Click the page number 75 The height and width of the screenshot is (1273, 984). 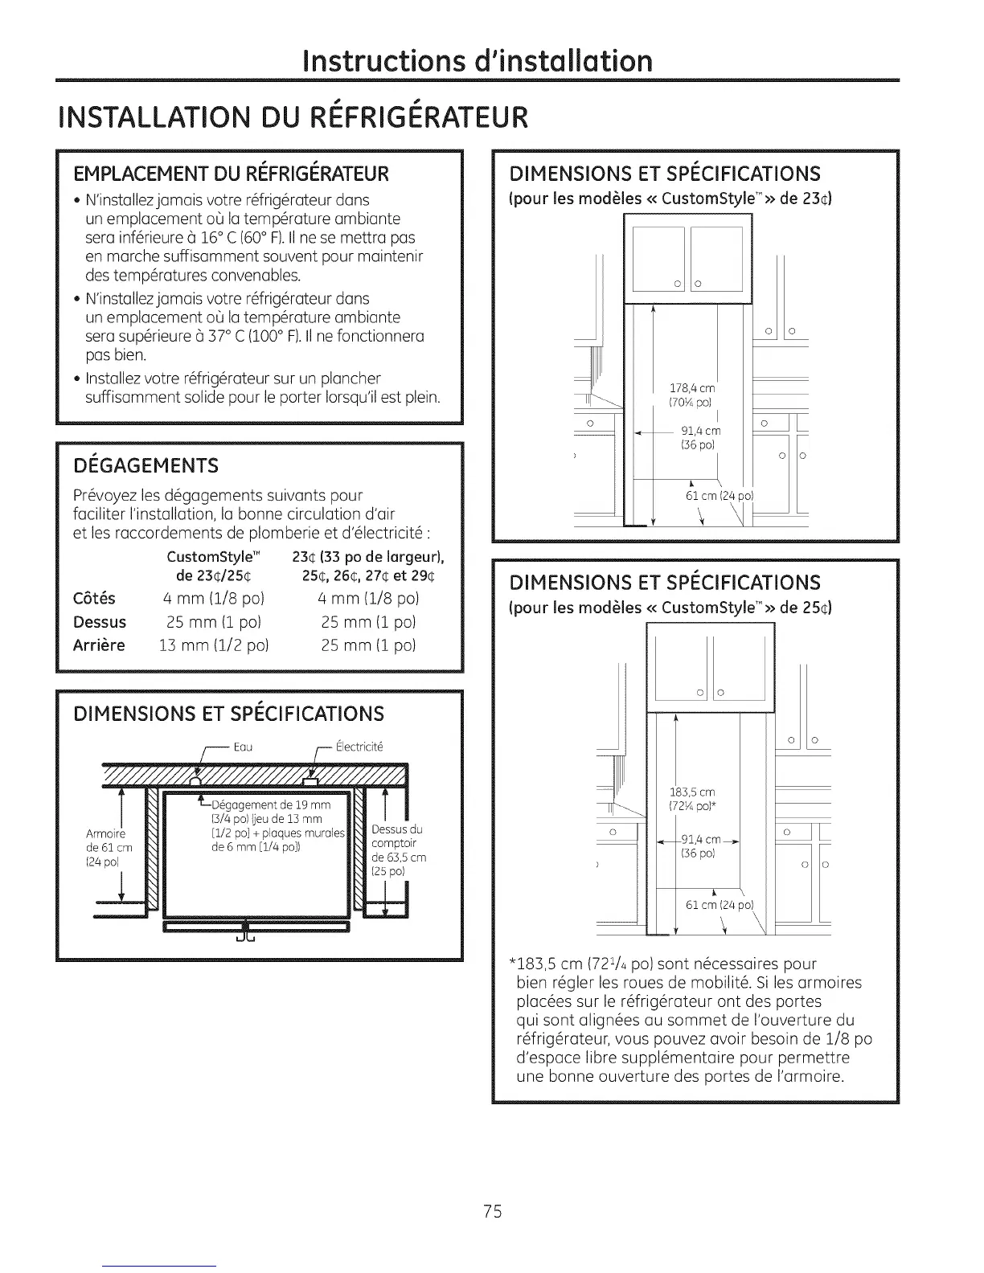click(493, 1211)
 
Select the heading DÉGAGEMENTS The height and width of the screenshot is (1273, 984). click(146, 466)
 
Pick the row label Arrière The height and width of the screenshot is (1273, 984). click(99, 645)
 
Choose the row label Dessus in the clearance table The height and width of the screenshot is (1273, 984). click(100, 622)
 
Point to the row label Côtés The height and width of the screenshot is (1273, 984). click(94, 599)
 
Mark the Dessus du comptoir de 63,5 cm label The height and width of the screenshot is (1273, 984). click(398, 849)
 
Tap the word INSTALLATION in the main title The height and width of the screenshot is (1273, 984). click(125, 117)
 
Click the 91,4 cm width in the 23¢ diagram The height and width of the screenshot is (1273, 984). click(700, 432)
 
